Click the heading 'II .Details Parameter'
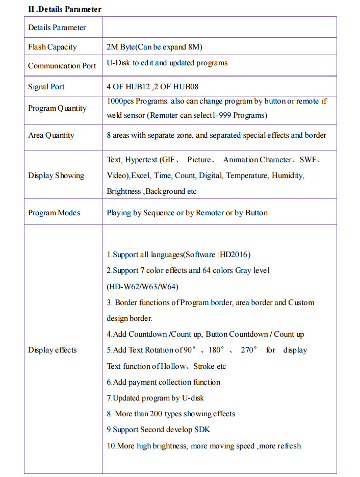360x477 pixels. tap(65, 9)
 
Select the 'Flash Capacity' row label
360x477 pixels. tap(53, 47)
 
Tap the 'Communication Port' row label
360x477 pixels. tap(62, 66)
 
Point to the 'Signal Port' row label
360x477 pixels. tap(46, 87)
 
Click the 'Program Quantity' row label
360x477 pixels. tap(57, 108)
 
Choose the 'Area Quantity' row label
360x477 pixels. tap(51, 135)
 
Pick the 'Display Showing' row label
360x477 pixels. tap(56, 175)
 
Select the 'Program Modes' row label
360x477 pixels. tap(54, 213)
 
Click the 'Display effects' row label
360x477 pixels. tap(52, 350)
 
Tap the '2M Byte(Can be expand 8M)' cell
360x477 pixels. tap(155, 47)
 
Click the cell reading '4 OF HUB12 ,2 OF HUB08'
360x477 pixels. tap(152, 87)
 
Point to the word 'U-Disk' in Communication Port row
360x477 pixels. tap(118, 63)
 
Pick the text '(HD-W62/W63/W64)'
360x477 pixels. tap(142, 286)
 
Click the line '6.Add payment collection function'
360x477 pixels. tap(163, 382)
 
